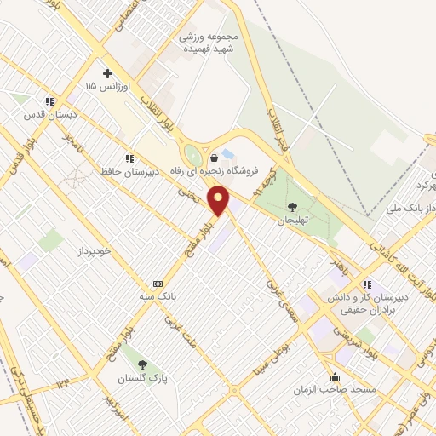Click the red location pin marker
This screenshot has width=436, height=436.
point(220,201)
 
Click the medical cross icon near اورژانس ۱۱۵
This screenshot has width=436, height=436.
point(106,74)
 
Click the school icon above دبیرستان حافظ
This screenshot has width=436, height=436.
point(129,158)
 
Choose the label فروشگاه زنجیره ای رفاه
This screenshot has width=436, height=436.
point(226,170)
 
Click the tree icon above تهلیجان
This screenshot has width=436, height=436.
point(292,207)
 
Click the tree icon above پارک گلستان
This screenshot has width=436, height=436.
point(141,364)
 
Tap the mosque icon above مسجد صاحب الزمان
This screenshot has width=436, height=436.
point(336,376)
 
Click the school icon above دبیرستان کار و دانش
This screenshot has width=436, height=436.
point(367,284)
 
